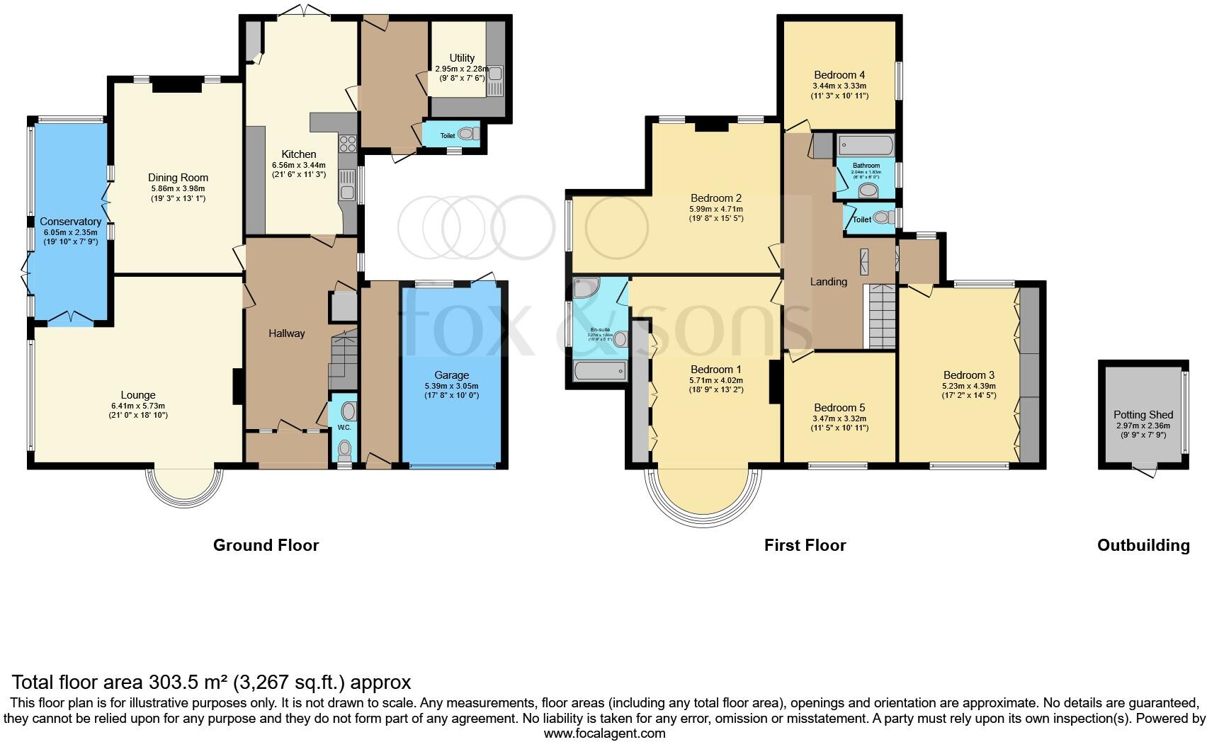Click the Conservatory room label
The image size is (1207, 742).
pos(70,222)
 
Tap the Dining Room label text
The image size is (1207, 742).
pos(178,178)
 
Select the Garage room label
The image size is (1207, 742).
pos(451,375)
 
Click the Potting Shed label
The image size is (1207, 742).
pos(1143,415)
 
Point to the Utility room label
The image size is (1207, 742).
pos(462,58)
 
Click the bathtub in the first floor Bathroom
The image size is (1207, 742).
pos(866,146)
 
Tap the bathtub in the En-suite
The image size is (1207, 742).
pos(600,371)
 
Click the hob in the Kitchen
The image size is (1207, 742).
pos(348,144)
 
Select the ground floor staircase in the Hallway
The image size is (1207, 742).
pos(344,361)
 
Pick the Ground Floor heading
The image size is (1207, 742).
pos(266,545)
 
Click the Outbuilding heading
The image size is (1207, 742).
pos(1143,545)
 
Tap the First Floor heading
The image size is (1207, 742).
pos(805,545)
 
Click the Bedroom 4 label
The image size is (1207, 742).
pos(839,75)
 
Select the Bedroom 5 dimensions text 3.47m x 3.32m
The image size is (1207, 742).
pos(839,418)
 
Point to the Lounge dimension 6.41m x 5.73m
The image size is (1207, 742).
pos(137,406)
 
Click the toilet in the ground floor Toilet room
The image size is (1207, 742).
pos(467,133)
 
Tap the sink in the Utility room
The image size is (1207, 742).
pos(494,74)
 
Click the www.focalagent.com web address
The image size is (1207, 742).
pos(604,734)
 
